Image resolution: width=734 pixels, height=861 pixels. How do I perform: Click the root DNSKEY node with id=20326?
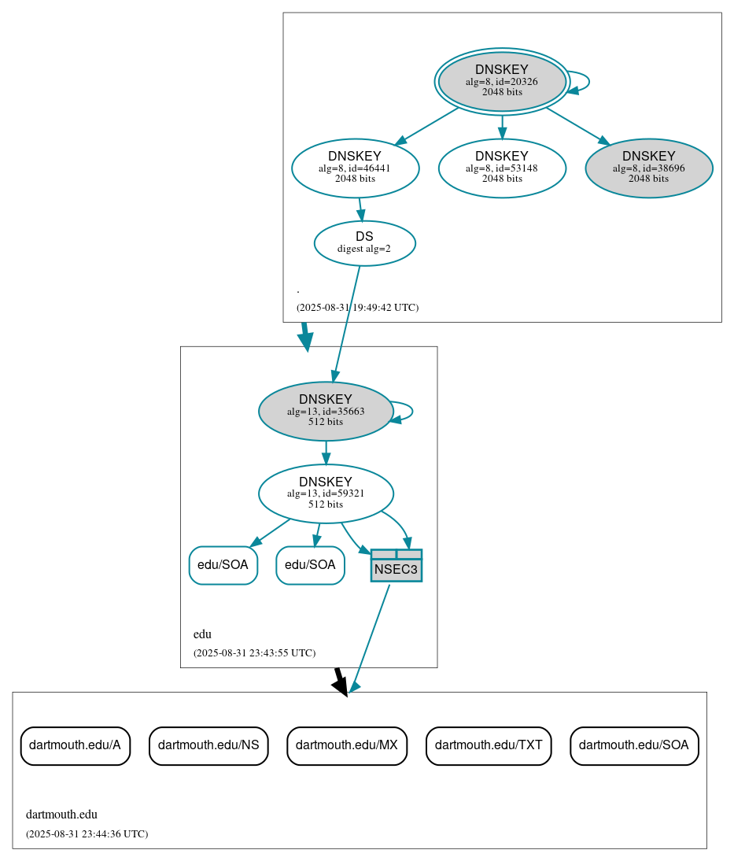502,81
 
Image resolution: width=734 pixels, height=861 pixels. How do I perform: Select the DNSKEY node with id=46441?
355,168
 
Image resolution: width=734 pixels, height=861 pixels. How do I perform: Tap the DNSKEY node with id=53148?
502,168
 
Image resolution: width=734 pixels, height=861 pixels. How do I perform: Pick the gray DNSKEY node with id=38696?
648,168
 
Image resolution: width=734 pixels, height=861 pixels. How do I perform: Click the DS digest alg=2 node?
364,243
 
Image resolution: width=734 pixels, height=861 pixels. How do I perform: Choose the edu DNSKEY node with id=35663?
326,411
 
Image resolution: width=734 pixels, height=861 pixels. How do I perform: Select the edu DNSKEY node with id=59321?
326,493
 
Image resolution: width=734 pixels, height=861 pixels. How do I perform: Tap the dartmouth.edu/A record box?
75,745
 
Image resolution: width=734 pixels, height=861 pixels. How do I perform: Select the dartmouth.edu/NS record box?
208,745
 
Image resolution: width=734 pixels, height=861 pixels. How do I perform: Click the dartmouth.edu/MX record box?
347,745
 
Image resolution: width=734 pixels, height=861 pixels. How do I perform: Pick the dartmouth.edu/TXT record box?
489,745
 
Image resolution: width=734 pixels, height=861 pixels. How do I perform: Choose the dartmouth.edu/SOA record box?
634,745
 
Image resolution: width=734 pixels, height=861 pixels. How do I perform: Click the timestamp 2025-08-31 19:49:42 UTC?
357,308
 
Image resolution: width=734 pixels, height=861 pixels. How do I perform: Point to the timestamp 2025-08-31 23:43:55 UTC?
254,653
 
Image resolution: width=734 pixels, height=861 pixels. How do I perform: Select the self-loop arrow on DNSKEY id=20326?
588,82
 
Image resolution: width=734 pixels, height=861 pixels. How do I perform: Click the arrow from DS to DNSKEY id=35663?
347,323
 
